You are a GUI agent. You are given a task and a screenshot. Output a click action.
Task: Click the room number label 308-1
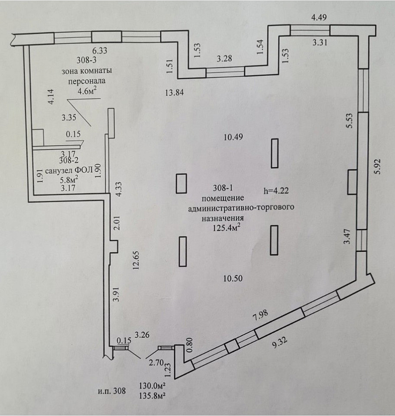(x=224, y=188)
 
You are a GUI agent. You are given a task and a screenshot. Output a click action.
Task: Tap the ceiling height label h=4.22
(x=275, y=190)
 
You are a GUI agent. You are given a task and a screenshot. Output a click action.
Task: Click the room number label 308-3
(x=85, y=61)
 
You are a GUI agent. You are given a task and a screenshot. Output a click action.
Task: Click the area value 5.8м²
(x=68, y=178)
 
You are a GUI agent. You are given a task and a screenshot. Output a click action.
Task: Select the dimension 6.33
(x=98, y=50)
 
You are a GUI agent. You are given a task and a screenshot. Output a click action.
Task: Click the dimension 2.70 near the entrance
(x=156, y=363)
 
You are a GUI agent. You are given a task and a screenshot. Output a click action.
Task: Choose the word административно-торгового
(x=241, y=208)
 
